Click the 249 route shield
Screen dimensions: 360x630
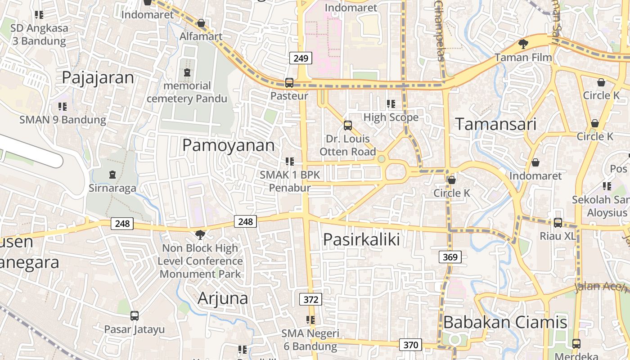[x=301, y=58]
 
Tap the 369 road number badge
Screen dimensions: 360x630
[x=450, y=257]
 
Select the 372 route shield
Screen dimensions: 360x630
[x=310, y=299]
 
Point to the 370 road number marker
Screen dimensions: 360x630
[x=410, y=345]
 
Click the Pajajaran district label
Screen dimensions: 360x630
[x=98, y=77]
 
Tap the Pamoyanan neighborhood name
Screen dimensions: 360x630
[x=228, y=145]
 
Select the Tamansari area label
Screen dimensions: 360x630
[x=496, y=124]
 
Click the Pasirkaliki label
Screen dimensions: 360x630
[x=361, y=239]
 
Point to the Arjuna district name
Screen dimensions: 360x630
[x=223, y=298]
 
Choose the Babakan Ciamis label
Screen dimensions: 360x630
[x=505, y=322]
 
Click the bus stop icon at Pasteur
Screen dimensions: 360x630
[x=289, y=83]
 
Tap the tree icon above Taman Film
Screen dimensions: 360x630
[x=523, y=44]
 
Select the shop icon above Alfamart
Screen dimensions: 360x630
[x=201, y=23]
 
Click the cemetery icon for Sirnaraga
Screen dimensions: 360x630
[x=112, y=174]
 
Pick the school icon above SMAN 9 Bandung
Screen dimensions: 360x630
[x=63, y=107]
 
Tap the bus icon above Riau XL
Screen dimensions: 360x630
[x=558, y=222]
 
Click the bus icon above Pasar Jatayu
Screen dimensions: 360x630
[x=135, y=315]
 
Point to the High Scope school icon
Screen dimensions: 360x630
[x=391, y=104]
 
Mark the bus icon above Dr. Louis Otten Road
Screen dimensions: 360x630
[x=347, y=125]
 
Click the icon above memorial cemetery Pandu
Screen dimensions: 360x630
[x=187, y=72]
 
